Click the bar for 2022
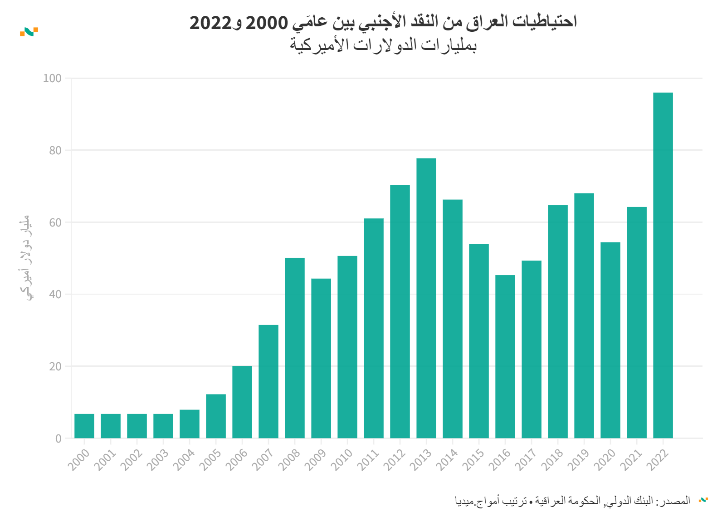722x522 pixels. pos(663,266)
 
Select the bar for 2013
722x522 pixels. pos(426,298)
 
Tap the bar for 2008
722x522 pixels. pos(294,348)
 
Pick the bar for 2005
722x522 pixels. pos(215,416)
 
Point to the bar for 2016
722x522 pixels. pos(505,357)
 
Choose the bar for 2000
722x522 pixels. pos(84,426)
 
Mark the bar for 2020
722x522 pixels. pos(610,340)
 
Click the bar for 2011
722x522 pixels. pos(373,329)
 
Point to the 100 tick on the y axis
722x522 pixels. pos(52,79)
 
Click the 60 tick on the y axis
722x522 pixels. pos(55,222)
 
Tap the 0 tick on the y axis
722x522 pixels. pos(58,438)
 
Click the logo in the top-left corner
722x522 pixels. pos(29,32)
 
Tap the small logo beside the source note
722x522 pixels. pos(703,500)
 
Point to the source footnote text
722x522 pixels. pos(572,501)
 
